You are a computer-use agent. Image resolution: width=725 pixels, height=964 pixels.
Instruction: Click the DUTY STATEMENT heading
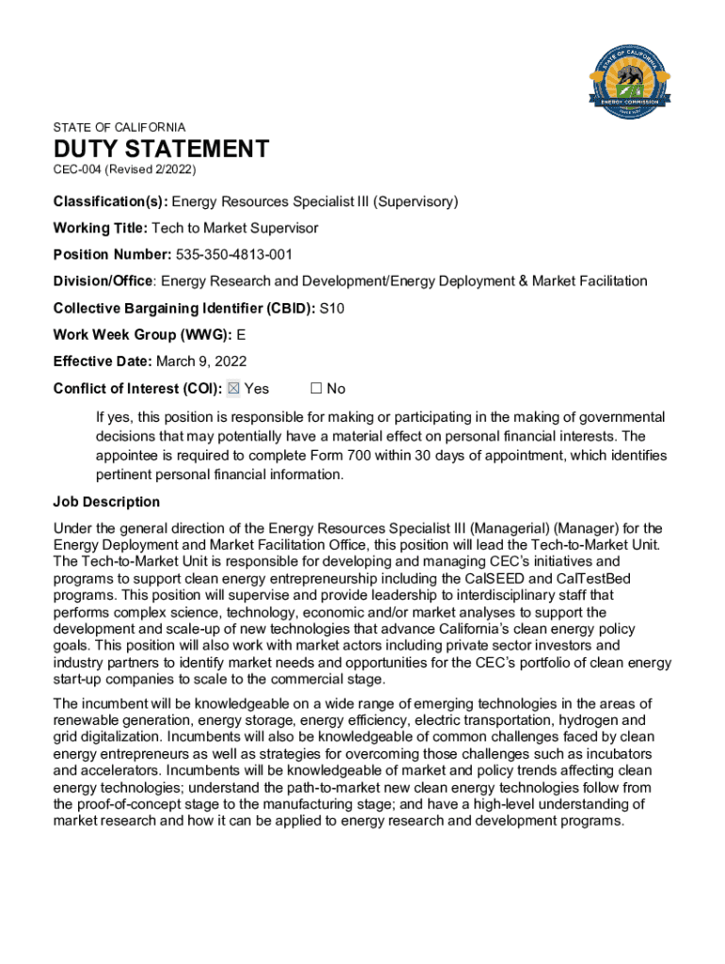(x=161, y=149)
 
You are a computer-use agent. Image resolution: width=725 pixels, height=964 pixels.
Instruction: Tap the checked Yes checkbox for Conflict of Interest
(x=234, y=389)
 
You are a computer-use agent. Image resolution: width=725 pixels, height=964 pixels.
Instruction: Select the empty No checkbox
(x=316, y=389)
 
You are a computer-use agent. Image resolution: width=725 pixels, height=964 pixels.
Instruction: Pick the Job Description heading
(x=106, y=502)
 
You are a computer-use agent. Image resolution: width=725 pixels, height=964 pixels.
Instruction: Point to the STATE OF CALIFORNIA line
(x=120, y=127)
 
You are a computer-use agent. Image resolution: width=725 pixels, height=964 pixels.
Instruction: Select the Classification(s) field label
(x=110, y=201)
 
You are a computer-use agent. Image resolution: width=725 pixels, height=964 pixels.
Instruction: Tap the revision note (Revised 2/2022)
(x=151, y=169)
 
